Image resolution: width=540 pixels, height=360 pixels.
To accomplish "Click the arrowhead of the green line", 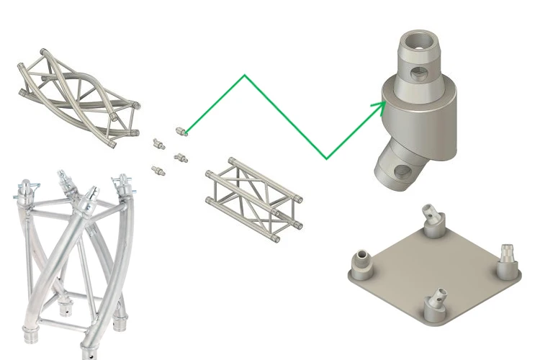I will click(x=379, y=104).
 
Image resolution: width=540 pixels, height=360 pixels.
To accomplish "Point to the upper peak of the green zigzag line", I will click(x=246, y=75).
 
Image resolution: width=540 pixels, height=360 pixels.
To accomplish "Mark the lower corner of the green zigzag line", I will click(x=326, y=158).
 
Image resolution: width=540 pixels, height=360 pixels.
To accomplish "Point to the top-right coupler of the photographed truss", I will click(x=125, y=183).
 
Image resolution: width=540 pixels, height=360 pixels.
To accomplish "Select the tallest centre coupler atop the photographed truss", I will click(x=91, y=196).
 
